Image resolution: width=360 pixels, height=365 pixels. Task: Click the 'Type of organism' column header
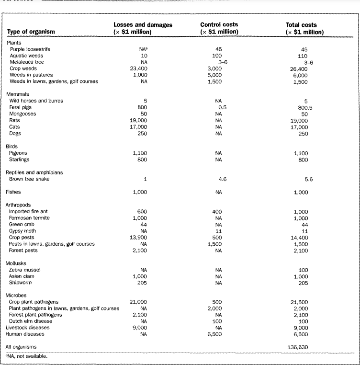coord(31,32)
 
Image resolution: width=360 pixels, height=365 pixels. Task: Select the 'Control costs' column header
coord(219,28)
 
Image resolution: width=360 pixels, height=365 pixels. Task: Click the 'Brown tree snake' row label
coord(30,179)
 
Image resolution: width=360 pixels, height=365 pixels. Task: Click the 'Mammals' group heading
coord(17,94)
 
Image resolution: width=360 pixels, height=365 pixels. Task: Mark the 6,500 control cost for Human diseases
coord(219,334)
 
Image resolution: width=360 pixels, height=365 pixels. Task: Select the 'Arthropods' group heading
coord(20,205)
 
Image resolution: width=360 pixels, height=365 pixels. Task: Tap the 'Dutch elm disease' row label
coord(31,321)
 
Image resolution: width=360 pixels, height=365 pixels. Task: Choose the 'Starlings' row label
coord(21,159)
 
